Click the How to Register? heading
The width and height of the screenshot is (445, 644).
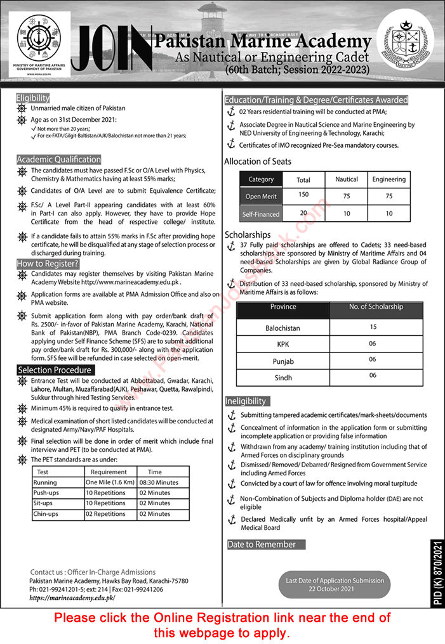tap(48, 263)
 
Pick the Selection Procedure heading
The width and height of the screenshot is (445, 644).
tap(55, 370)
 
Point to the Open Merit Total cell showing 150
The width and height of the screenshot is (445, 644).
tap(303, 195)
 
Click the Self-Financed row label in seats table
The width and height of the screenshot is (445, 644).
tap(261, 214)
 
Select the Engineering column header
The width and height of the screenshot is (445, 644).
tap(389, 179)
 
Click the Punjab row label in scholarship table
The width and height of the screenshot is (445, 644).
tap(282, 360)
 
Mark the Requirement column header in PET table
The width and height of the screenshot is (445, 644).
tap(109, 472)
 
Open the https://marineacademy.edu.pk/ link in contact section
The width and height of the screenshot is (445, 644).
tap(72, 597)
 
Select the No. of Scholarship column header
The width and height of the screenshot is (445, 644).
tap(376, 307)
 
